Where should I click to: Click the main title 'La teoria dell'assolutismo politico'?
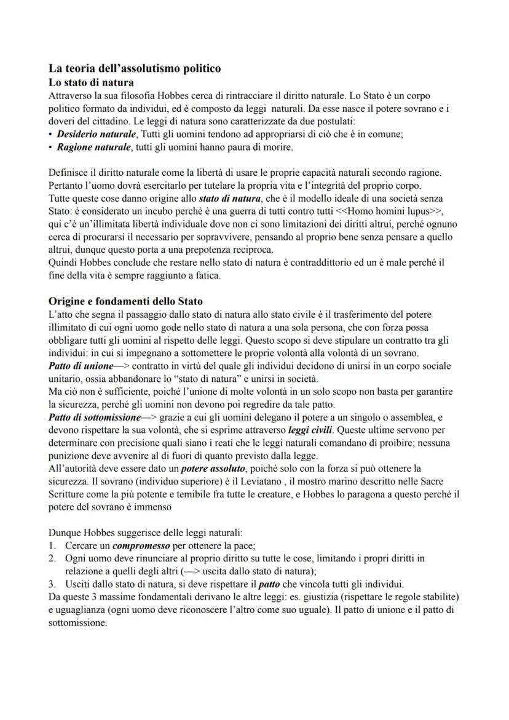[135, 69]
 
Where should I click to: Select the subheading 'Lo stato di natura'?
[91, 82]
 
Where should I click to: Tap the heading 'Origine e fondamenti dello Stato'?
[125, 301]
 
